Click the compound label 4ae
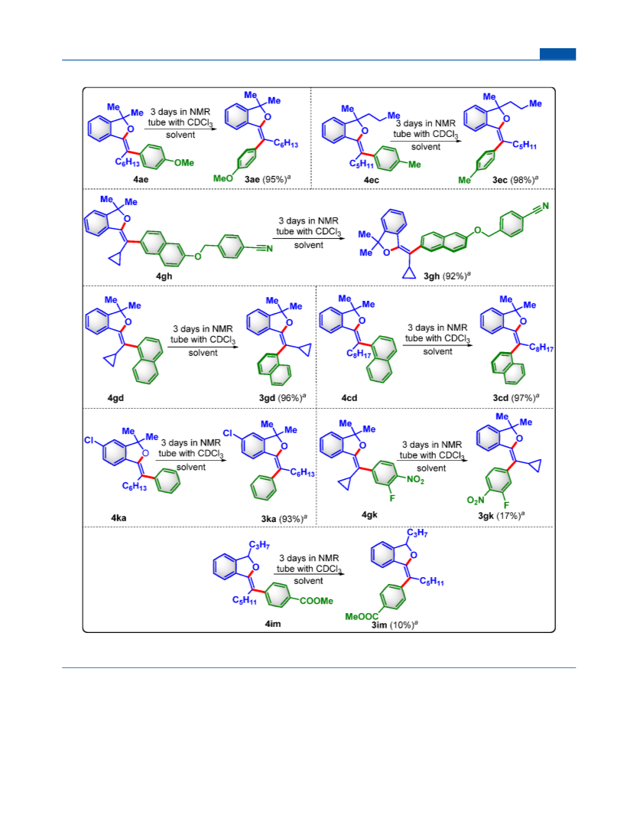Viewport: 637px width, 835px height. click(x=141, y=179)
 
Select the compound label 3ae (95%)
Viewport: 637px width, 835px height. click(x=267, y=179)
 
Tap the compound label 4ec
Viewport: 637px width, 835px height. click(x=372, y=180)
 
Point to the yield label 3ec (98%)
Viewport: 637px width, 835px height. click(x=515, y=180)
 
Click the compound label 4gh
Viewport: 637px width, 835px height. click(x=164, y=276)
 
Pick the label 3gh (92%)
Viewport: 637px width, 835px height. click(x=447, y=276)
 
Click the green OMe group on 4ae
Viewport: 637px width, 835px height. click(x=184, y=163)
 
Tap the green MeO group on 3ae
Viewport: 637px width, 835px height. click(x=223, y=178)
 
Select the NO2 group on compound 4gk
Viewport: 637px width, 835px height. click(x=416, y=480)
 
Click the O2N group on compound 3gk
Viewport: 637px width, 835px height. click(x=476, y=500)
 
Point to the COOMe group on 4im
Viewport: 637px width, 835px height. click(x=316, y=601)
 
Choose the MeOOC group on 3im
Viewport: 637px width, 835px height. click(x=362, y=616)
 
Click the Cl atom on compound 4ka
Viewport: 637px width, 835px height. click(x=89, y=440)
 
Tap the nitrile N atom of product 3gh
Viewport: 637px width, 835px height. click(x=545, y=206)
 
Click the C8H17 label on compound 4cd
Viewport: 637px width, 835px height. click(x=358, y=354)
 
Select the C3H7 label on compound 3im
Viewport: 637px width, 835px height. click(x=418, y=533)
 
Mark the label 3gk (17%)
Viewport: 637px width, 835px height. click(x=502, y=516)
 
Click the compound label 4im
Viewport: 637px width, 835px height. click(x=273, y=624)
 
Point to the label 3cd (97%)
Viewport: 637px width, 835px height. click(x=516, y=398)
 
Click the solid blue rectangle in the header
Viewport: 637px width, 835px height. click(x=557, y=54)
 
